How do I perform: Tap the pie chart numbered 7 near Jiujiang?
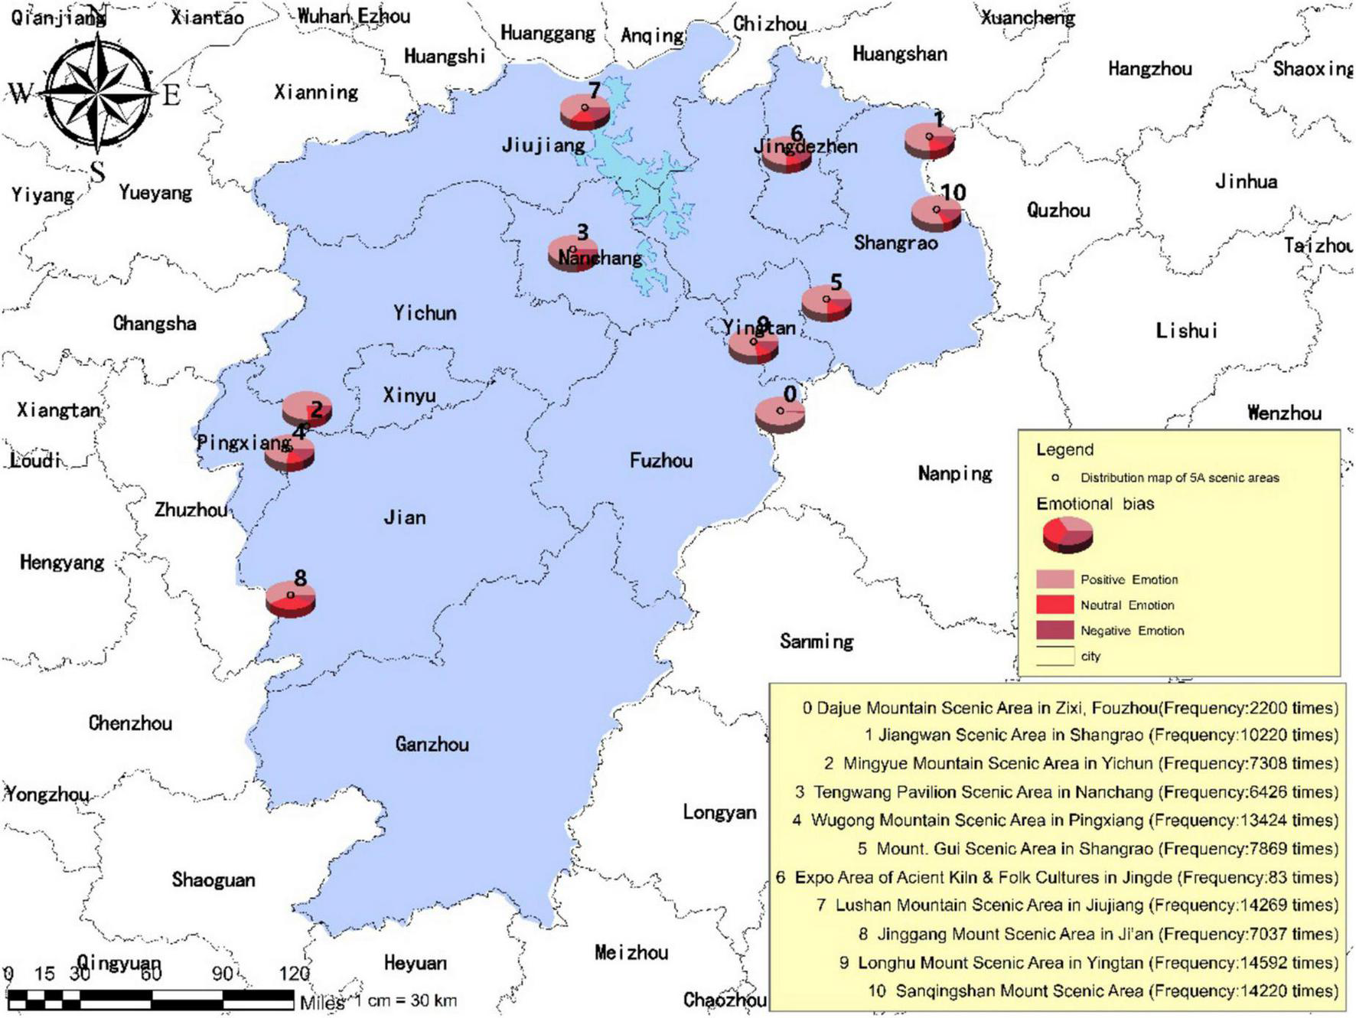(585, 112)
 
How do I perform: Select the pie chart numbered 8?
(291, 599)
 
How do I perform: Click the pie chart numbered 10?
(936, 213)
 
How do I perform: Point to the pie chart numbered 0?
(780, 414)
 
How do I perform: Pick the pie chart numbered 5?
(826, 303)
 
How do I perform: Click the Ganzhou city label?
(432, 744)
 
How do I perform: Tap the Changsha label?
(155, 324)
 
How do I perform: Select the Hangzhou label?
(1149, 70)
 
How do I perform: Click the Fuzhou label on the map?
(660, 461)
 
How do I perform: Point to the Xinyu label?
(409, 396)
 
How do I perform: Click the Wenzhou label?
(1284, 413)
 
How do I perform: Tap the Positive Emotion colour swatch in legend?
(1054, 579)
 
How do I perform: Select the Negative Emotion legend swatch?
(1054, 631)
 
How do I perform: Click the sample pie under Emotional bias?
(1068, 534)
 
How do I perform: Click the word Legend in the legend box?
(1064, 450)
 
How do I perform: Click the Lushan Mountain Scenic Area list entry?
(1077, 905)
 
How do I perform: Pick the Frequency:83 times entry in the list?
(1057, 877)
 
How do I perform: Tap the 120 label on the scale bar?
(294, 974)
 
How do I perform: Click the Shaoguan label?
(213, 880)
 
